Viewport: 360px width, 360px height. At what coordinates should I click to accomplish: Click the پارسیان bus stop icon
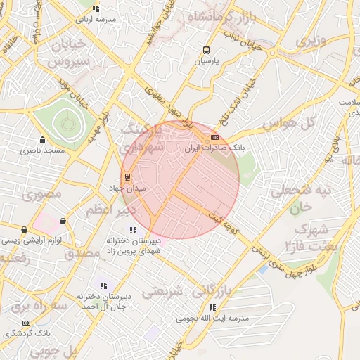[206, 50]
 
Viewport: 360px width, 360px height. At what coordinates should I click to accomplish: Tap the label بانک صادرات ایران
[212, 149]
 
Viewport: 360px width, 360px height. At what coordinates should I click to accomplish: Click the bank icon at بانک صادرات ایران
[214, 138]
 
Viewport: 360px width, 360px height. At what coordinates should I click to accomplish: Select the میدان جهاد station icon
[127, 177]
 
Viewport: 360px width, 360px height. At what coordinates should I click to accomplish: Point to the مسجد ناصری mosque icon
[42, 139]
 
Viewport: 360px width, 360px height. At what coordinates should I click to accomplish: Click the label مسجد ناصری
[42, 150]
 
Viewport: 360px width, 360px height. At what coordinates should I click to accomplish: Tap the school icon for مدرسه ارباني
[96, 8]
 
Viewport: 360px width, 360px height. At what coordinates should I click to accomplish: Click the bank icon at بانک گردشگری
[27, 323]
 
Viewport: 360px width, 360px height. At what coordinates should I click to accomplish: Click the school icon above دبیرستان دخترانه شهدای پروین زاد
[133, 230]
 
